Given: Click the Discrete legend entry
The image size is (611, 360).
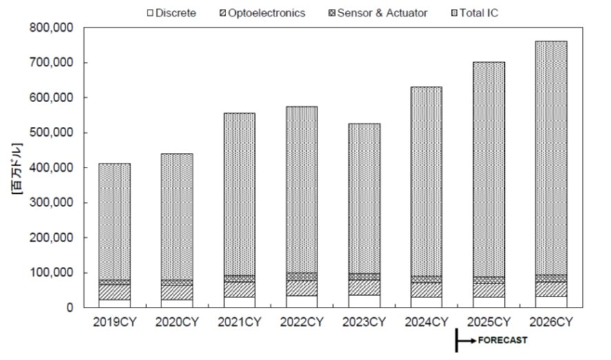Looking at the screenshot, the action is coord(172,13).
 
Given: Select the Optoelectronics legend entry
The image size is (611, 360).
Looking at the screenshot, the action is coord(263,13).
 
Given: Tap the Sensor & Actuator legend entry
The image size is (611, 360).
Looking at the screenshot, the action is coord(378,13).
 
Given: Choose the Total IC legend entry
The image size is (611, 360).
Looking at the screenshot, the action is coord(474,13).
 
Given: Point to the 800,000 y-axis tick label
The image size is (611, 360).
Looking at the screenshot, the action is coord(51,28).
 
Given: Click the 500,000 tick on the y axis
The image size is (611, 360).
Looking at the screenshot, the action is coord(51,132).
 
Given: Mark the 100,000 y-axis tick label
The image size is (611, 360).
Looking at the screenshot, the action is coord(51,272).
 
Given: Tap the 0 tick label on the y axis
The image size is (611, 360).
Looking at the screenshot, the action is coord(70,308).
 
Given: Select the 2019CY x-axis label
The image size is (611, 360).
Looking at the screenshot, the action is coord(114,322).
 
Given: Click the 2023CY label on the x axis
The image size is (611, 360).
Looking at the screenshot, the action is coord(364,322).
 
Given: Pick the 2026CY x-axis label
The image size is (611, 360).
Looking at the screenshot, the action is coord(552,322).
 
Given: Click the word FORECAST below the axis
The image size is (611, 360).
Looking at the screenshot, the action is coord(503,340).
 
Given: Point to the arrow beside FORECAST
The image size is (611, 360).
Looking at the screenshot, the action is coord(467,341).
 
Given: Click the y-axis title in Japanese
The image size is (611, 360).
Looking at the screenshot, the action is coord(17,168).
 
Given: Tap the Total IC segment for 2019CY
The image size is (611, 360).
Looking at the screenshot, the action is coord(114,221).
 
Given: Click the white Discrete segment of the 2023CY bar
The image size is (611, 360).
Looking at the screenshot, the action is coord(364,301).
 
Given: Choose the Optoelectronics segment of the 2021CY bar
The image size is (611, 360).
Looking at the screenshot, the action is coord(239,290).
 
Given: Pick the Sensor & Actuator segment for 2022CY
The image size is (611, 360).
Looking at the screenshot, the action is coord(301,277).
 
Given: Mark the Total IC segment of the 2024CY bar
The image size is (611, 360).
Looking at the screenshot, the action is coord(426,181).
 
